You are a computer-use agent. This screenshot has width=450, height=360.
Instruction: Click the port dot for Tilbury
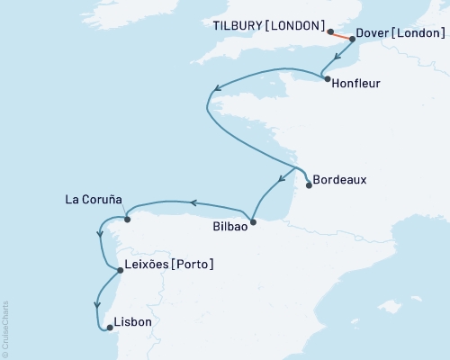(x=330, y=31)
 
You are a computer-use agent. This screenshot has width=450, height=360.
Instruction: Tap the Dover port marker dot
(x=352, y=40)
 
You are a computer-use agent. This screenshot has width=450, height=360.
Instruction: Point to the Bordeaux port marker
(x=310, y=185)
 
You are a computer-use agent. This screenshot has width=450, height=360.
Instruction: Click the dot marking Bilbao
(x=253, y=221)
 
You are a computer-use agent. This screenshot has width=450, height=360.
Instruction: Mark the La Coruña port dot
(x=127, y=219)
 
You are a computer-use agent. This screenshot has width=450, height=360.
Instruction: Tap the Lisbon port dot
(x=109, y=328)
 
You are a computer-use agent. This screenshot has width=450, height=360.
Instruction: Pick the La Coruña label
(x=94, y=199)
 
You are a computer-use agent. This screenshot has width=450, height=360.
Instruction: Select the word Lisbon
(x=133, y=322)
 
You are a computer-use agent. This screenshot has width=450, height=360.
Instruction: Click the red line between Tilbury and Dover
(x=341, y=36)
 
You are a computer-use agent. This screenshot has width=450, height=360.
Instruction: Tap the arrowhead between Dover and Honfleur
(x=336, y=58)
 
